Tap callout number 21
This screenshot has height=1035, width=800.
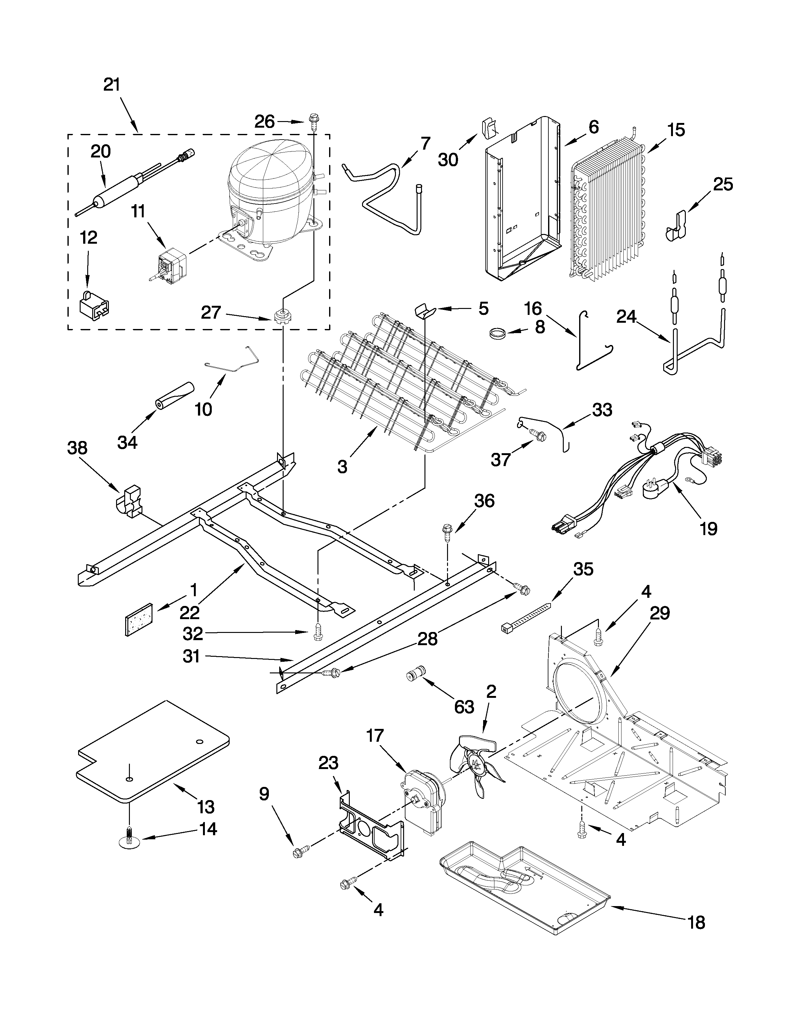112,85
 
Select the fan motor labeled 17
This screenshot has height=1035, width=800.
423,799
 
